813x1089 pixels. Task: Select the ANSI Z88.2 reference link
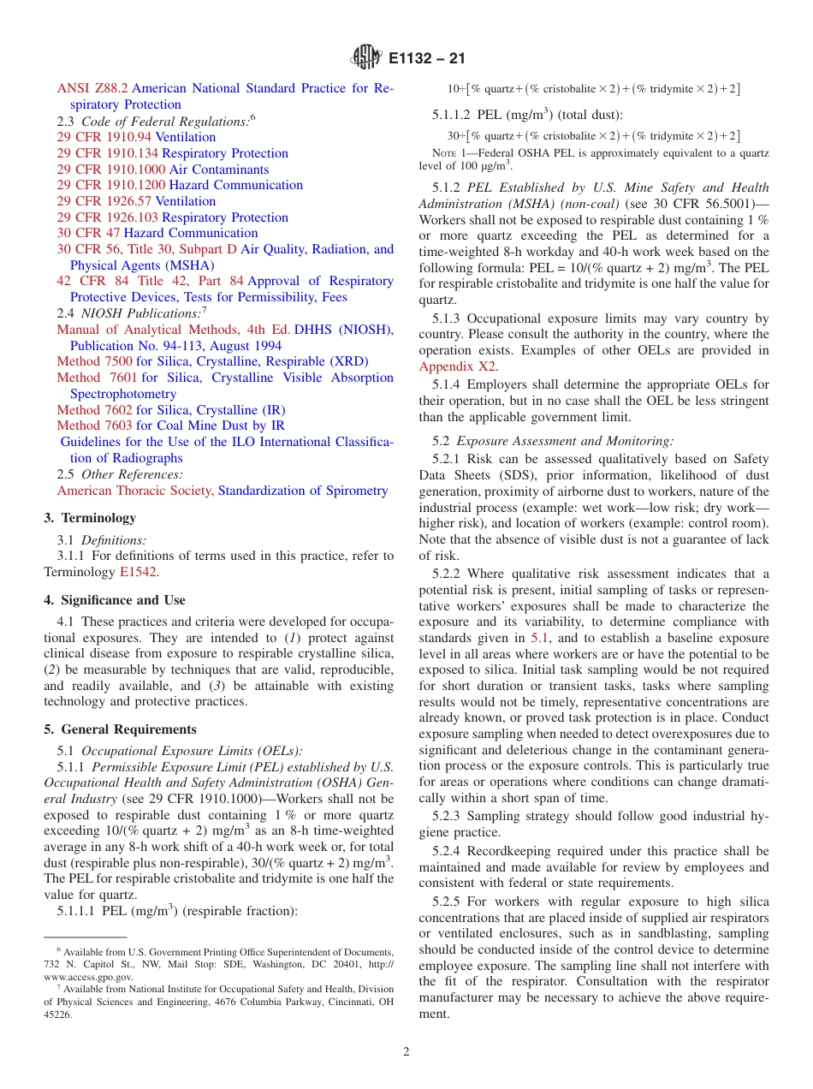click(x=92, y=88)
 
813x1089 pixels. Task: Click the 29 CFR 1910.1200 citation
click(x=110, y=185)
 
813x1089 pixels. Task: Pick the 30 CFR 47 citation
click(x=88, y=233)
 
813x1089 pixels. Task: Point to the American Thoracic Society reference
click(x=135, y=491)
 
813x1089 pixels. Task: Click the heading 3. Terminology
click(x=90, y=518)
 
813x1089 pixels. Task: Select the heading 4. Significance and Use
click(x=115, y=600)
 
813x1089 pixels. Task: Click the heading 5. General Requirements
click(x=120, y=729)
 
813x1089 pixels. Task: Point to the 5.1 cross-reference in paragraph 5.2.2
click(x=539, y=638)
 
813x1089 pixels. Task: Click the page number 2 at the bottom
click(x=406, y=1052)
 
